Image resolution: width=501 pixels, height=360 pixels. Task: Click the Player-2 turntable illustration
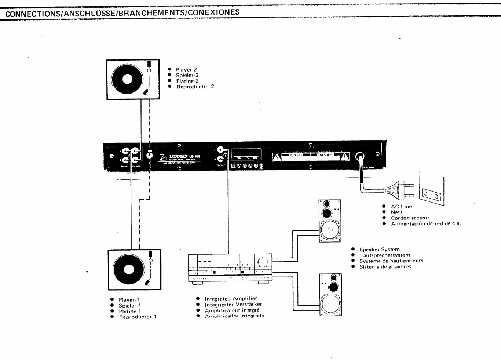133,79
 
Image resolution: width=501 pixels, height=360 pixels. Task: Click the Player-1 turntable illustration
134,269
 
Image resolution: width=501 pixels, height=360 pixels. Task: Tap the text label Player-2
186,69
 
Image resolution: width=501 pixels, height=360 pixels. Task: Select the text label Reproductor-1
138,317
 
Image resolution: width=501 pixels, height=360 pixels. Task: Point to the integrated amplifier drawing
230,268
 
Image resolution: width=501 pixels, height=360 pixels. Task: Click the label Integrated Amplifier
231,298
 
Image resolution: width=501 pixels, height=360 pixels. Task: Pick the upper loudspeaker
330,221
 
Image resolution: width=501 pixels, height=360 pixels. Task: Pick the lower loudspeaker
330,294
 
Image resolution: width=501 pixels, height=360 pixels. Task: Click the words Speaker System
379,249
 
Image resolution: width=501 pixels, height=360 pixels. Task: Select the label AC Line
401,206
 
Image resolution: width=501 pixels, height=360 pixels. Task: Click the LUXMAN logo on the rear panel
179,157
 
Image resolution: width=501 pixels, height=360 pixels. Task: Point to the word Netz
396,212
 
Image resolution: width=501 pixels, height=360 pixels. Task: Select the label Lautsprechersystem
385,255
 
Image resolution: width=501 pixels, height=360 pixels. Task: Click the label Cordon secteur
410,218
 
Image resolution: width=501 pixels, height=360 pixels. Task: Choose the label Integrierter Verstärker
233,304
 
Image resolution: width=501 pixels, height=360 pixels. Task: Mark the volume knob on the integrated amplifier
263,262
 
